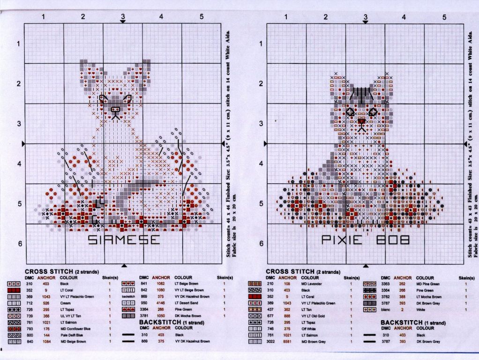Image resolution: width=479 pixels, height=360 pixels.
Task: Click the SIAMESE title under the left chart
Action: click(124, 240)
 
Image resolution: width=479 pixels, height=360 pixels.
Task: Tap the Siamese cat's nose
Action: click(115, 109)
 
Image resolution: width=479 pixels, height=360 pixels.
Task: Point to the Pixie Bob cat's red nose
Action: click(361, 121)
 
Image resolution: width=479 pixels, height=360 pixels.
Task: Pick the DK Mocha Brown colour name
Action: click(187, 316)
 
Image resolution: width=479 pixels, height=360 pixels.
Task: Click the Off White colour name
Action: click(309, 330)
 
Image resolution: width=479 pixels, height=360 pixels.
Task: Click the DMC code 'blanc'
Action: click(385, 310)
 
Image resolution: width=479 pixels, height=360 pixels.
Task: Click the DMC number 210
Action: click(270, 284)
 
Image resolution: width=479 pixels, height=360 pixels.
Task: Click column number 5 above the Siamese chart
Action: click(201, 17)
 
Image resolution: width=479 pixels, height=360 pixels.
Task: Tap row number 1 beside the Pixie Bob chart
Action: click(261, 44)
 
